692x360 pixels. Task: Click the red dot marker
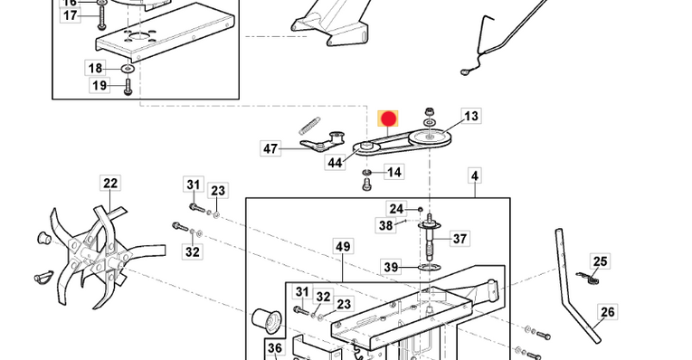click(x=388, y=118)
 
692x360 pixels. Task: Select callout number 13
click(x=471, y=116)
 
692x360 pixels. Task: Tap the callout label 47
click(x=270, y=148)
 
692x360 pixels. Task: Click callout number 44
click(x=335, y=163)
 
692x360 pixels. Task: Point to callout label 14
click(x=393, y=172)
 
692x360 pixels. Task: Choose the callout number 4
click(x=474, y=176)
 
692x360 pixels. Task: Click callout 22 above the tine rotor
click(x=109, y=183)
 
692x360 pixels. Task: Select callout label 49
click(x=343, y=247)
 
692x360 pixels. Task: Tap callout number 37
click(x=460, y=239)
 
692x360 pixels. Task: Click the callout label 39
click(x=391, y=267)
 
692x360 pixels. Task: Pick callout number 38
click(x=385, y=225)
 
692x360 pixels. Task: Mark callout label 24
click(x=396, y=209)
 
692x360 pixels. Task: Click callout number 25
click(x=600, y=261)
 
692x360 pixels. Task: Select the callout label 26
click(x=608, y=312)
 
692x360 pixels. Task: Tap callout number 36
click(x=274, y=348)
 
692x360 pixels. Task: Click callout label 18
click(x=95, y=68)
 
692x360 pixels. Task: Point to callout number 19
click(x=100, y=85)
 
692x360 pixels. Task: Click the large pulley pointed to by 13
click(x=430, y=137)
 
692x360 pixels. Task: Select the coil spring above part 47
click(x=309, y=126)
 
